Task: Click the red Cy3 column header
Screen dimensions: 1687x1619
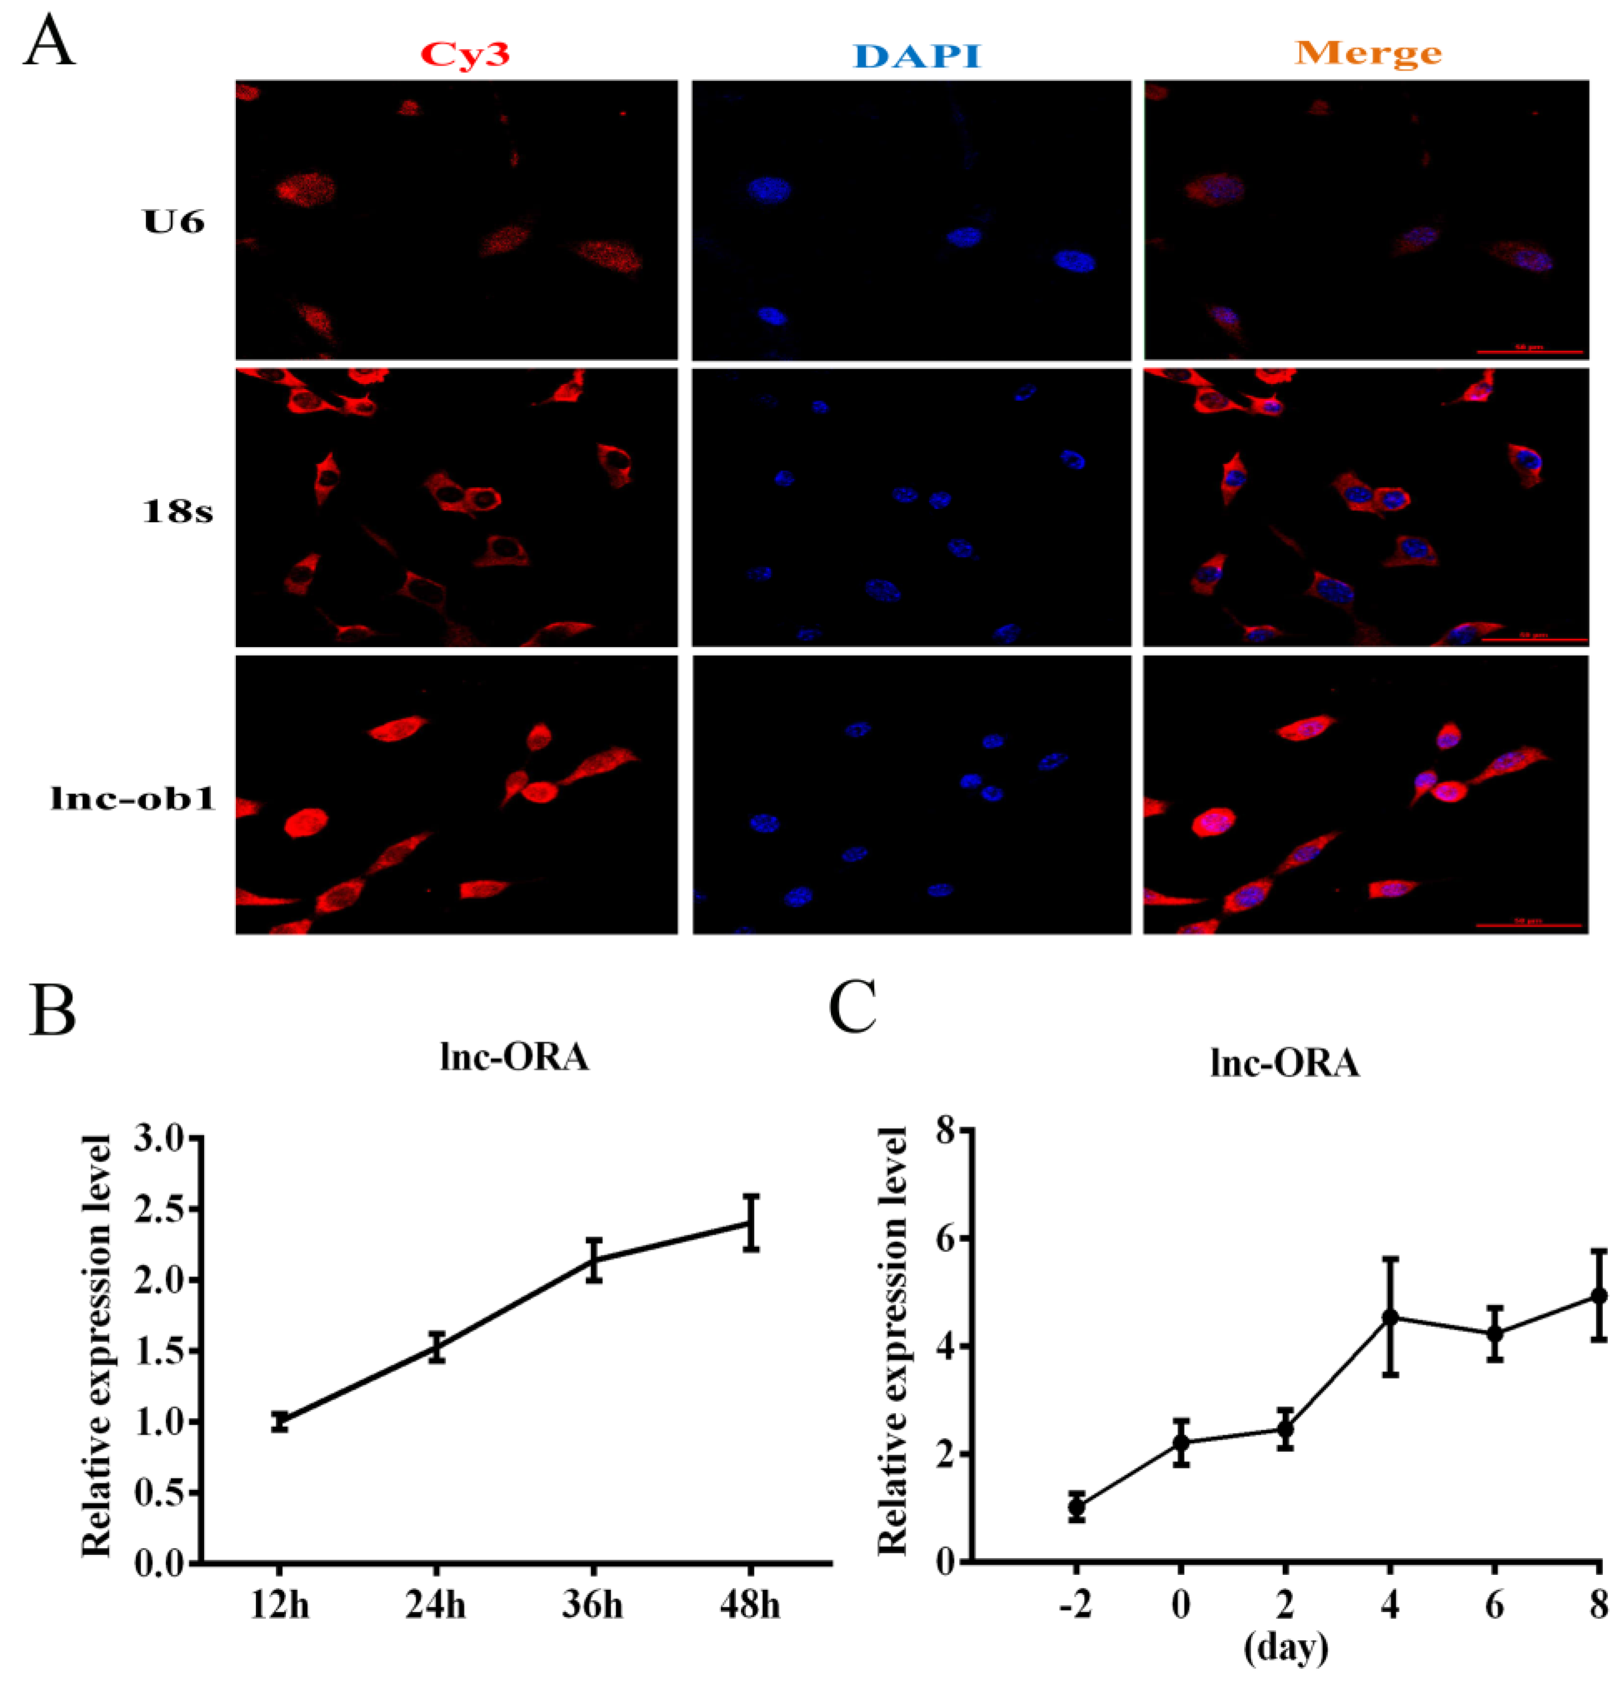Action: tap(466, 54)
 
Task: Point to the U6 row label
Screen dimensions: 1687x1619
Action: tap(175, 222)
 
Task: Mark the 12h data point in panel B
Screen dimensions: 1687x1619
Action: tap(279, 1421)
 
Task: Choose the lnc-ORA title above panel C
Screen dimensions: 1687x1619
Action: tap(1284, 1064)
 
